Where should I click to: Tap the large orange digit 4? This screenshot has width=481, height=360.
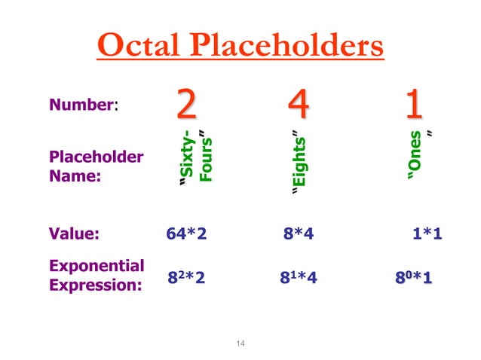(x=299, y=105)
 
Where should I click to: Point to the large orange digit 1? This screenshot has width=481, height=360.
(x=412, y=105)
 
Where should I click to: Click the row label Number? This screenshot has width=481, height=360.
(x=84, y=106)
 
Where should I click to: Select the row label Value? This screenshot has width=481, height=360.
(x=74, y=233)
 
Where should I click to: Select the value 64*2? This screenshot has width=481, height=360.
(x=186, y=233)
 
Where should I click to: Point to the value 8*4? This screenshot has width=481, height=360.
(x=299, y=233)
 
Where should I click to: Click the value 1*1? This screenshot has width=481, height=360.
(x=427, y=233)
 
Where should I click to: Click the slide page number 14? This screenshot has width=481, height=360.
(x=240, y=344)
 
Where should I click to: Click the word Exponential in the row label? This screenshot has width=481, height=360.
(x=97, y=266)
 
